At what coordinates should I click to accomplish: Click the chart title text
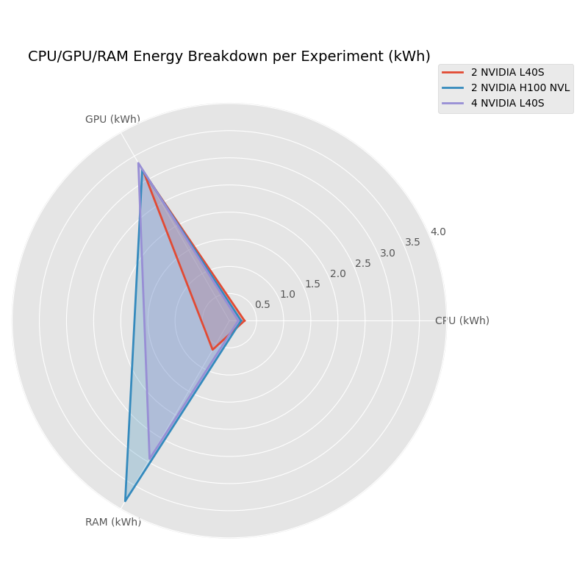tap(229, 57)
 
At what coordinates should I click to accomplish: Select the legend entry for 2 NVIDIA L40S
tap(507, 72)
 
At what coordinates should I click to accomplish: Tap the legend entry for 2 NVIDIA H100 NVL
tap(520, 87)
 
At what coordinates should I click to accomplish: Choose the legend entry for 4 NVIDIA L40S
tap(507, 103)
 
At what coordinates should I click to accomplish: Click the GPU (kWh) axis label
tap(112, 119)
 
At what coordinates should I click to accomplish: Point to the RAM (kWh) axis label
tap(112, 522)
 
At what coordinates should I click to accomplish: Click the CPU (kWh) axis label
tap(462, 320)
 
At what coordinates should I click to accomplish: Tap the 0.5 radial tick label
tap(262, 304)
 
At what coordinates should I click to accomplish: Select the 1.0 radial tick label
tap(287, 294)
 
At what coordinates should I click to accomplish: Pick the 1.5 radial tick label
tap(312, 284)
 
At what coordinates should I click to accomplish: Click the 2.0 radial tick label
tap(337, 273)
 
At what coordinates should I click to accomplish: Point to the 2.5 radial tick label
tap(363, 263)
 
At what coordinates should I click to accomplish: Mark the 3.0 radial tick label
tap(387, 253)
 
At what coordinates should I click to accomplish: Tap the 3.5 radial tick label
tap(412, 242)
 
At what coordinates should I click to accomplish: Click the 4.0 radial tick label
tap(438, 232)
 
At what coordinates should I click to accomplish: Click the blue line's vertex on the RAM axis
tap(125, 501)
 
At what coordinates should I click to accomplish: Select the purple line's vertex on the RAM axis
tap(149, 459)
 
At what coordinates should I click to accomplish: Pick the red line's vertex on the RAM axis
tap(212, 350)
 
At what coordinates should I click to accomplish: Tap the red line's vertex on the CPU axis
tap(245, 320)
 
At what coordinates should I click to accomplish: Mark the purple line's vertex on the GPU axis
tap(138, 163)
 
